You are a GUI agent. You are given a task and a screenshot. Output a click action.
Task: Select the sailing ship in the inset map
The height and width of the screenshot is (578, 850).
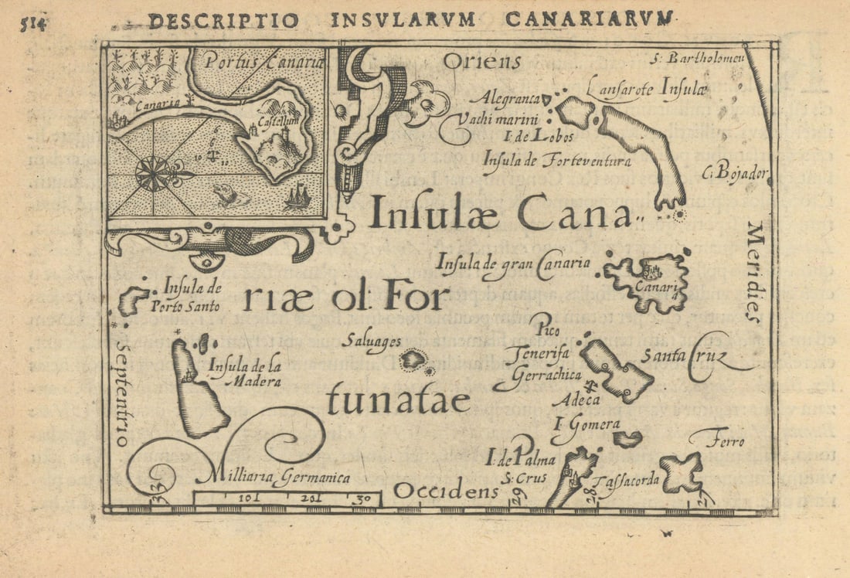click(x=297, y=198)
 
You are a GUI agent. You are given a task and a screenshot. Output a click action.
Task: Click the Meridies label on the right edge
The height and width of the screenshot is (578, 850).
click(x=755, y=271)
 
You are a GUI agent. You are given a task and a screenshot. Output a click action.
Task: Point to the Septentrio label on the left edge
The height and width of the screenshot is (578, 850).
click(x=122, y=384)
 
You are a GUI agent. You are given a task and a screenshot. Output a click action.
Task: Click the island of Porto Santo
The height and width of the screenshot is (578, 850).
click(x=134, y=299)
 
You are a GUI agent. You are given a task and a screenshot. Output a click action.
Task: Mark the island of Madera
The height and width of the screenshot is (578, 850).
click(x=196, y=391)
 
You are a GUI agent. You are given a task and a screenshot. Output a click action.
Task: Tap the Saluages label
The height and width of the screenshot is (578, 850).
click(x=373, y=341)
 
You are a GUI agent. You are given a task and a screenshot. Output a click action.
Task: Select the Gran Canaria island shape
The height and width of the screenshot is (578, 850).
click(x=648, y=280)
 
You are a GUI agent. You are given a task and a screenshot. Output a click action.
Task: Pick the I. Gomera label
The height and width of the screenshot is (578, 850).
click(x=587, y=423)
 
